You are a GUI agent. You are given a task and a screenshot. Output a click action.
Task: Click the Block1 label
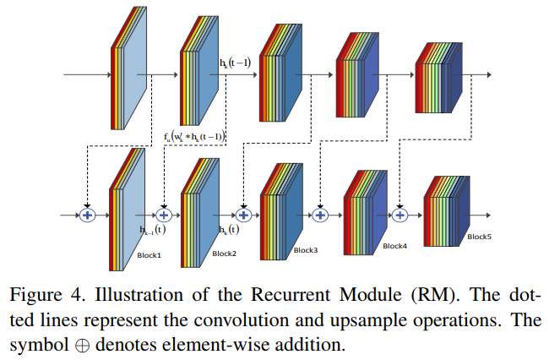(149, 254)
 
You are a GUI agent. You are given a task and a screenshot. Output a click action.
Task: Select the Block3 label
(306, 250)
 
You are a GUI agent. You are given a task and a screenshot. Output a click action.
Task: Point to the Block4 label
(394, 246)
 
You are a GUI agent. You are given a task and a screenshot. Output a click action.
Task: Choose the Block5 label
(479, 237)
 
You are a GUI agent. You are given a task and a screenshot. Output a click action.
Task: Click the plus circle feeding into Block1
(85, 215)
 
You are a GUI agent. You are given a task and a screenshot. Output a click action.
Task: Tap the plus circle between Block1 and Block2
(164, 215)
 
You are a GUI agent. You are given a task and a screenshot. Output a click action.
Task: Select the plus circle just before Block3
(243, 215)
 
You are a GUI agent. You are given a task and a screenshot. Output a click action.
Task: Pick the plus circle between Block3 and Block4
(320, 215)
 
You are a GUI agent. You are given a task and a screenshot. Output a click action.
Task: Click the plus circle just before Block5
(400, 215)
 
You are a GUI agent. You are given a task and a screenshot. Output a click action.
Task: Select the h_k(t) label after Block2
(229, 229)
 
